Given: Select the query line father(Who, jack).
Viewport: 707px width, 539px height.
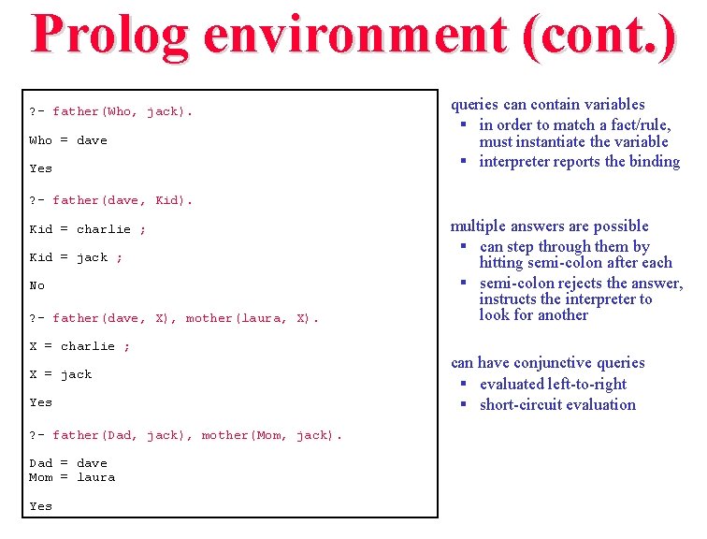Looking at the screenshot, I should [x=111, y=111].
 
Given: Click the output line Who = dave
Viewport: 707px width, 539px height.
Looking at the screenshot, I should [x=68, y=140].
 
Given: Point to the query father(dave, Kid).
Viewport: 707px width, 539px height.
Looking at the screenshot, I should [x=111, y=200].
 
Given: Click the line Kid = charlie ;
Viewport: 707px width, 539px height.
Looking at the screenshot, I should [x=88, y=229].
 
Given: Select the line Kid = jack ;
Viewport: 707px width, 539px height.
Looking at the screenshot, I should [x=76, y=257].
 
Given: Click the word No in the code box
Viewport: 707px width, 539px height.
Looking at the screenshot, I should [x=37, y=285].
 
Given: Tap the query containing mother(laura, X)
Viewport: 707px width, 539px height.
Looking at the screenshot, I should [x=174, y=318].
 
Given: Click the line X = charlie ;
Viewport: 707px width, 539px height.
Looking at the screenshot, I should [x=79, y=346].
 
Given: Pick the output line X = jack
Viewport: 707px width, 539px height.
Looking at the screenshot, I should [x=61, y=374].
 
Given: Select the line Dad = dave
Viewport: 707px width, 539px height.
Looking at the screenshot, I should [x=68, y=463].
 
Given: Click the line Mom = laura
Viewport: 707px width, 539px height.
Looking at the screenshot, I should [x=72, y=477].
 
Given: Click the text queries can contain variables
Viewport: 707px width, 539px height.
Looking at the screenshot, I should [x=548, y=105].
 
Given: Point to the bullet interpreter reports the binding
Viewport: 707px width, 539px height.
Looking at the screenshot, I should [x=579, y=162].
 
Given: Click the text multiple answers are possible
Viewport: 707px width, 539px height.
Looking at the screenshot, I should [x=550, y=226].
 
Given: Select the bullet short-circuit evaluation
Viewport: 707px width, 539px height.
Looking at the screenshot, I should [x=557, y=405].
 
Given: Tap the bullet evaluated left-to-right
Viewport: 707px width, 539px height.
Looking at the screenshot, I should [x=553, y=385].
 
